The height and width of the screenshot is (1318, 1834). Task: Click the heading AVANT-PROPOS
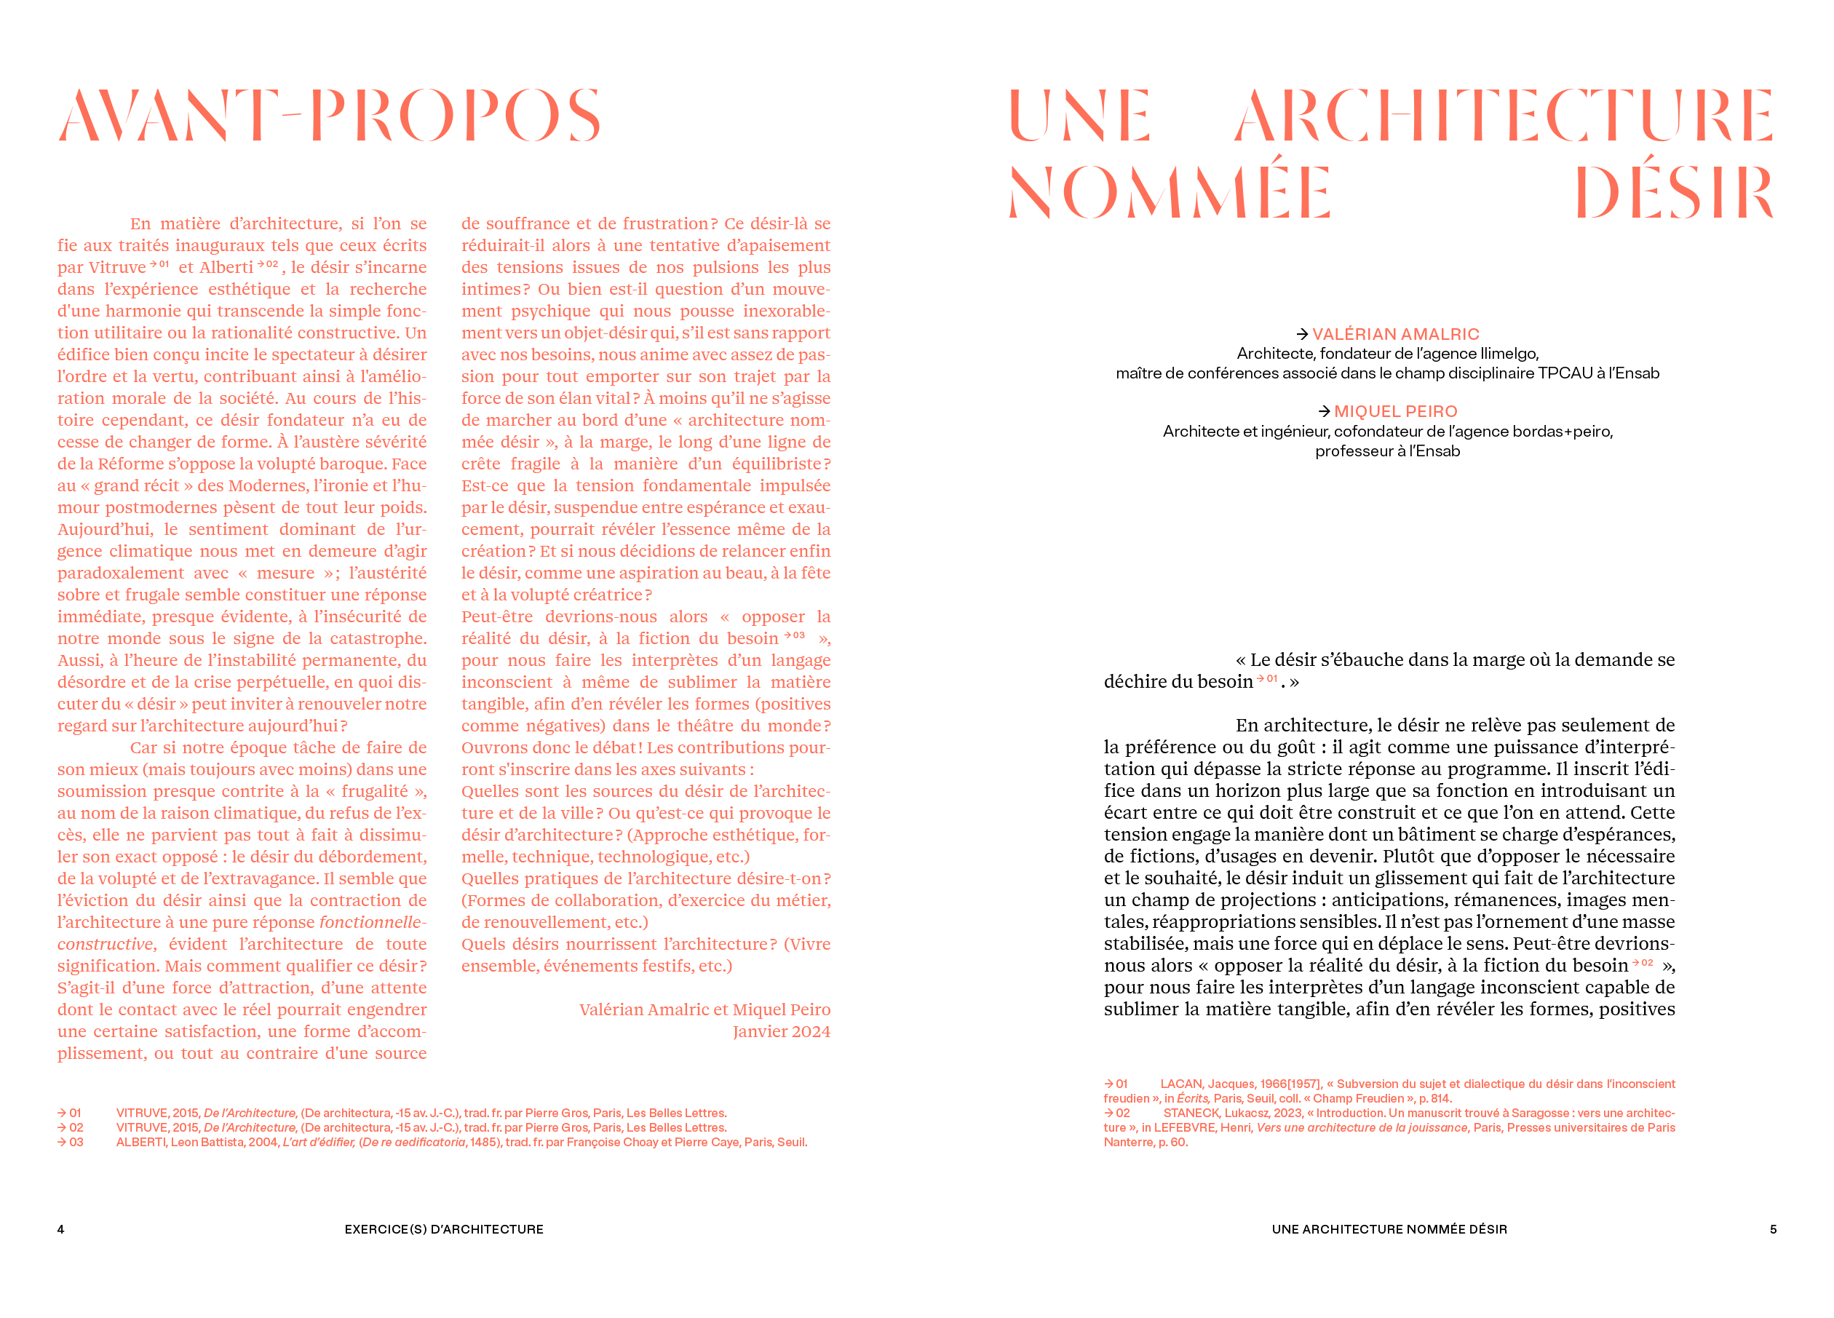[330, 115]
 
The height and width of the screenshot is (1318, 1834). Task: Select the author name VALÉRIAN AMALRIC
[1396, 334]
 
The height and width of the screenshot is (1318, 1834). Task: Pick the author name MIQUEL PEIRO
[1396, 412]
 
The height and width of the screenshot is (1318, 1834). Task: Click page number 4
[60, 1229]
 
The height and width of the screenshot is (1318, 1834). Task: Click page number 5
[1773, 1229]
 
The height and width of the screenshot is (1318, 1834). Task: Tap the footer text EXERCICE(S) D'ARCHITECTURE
[444, 1229]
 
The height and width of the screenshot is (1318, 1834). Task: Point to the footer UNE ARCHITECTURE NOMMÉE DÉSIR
[1389, 1229]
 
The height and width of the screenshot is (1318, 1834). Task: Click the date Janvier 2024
[781, 1032]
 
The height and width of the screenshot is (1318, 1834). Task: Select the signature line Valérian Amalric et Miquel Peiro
[704, 1010]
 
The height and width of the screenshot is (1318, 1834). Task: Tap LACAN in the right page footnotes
[1181, 1084]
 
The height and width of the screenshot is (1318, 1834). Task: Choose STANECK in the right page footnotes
[1191, 1113]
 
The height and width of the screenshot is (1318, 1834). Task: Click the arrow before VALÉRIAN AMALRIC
[1302, 334]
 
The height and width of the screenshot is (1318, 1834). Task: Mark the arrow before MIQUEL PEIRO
[1324, 412]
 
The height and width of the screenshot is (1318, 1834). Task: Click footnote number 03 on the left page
[76, 1143]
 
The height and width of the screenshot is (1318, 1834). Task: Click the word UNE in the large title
[1079, 115]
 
